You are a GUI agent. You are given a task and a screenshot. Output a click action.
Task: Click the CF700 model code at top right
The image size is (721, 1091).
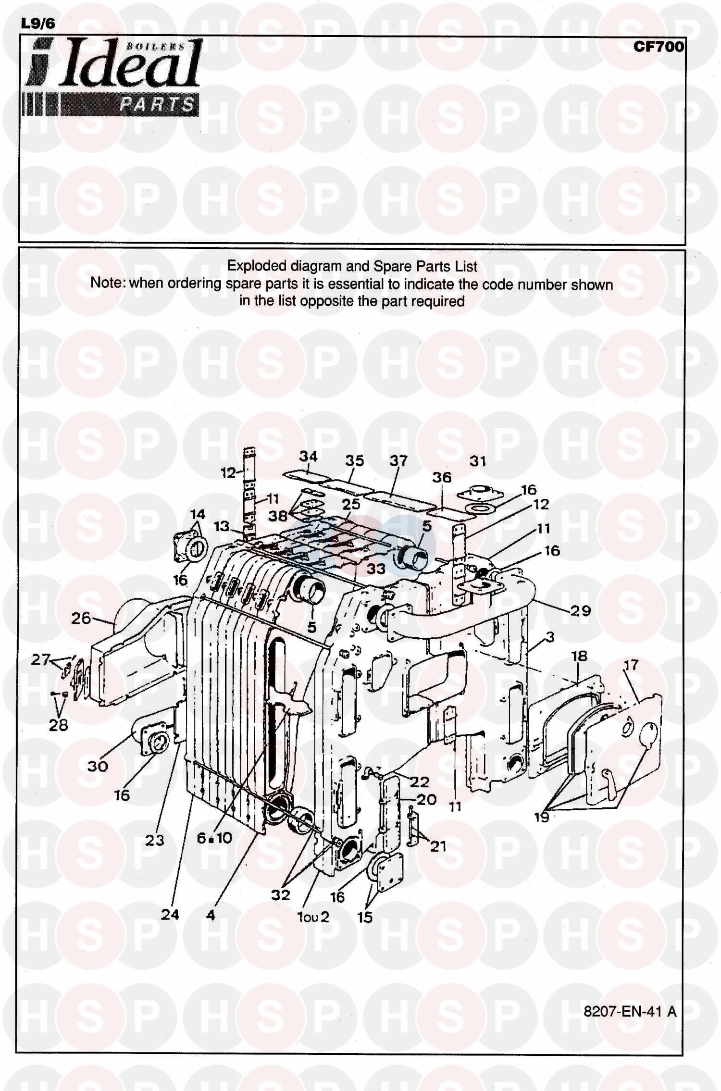[659, 47]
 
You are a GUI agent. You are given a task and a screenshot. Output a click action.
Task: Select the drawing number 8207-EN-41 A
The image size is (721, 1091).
[630, 1011]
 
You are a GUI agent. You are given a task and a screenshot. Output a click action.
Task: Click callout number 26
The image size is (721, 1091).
[81, 618]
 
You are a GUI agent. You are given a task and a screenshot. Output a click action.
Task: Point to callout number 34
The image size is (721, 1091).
[308, 456]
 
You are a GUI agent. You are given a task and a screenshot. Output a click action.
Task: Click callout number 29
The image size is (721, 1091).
[581, 610]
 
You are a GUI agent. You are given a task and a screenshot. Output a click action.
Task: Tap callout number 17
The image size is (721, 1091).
[631, 665]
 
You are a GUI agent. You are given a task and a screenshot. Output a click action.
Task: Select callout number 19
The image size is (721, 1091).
[542, 817]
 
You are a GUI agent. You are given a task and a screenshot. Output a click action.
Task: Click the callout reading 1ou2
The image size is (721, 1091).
[313, 917]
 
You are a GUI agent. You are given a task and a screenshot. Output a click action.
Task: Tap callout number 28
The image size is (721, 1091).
[58, 725]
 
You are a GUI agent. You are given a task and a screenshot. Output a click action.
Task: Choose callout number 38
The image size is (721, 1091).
[278, 516]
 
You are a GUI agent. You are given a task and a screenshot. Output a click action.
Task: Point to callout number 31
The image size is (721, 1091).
[478, 461]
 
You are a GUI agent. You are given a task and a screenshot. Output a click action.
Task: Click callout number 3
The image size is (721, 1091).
[550, 637]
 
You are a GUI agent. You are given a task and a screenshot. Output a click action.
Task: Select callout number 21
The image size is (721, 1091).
[438, 846]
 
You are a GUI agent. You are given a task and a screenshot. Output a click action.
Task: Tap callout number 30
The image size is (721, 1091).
[97, 766]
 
